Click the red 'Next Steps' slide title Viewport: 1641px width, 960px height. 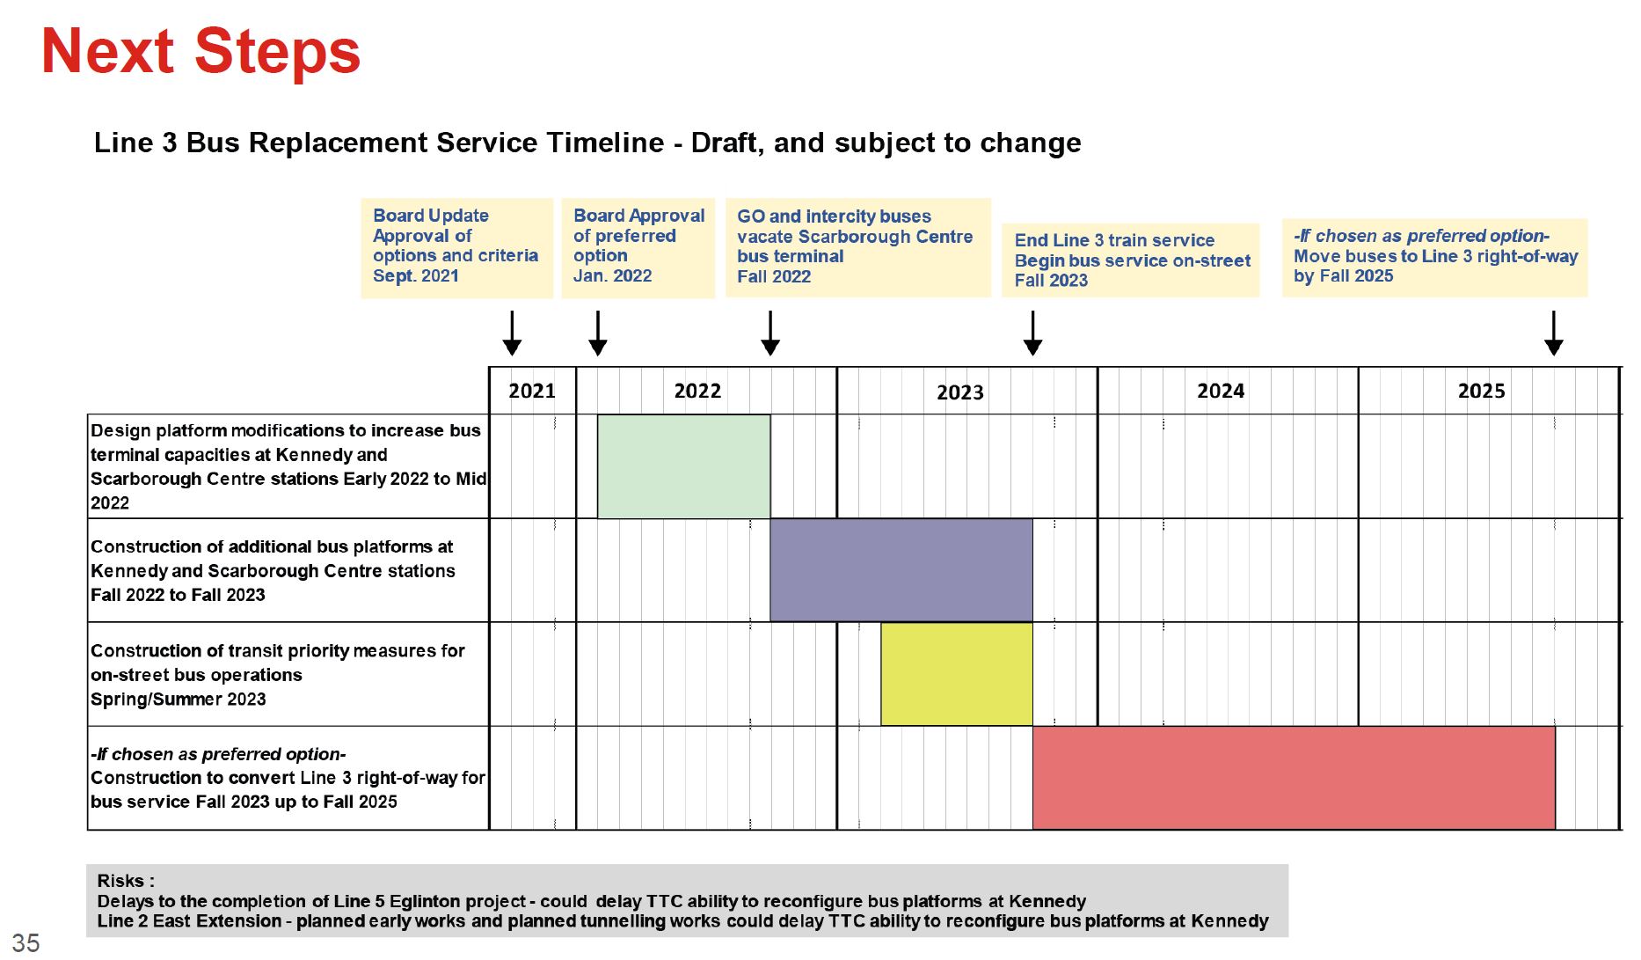(x=201, y=51)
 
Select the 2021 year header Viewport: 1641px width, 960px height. (x=532, y=391)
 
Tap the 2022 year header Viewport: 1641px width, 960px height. (x=697, y=391)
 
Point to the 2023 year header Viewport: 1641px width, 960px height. (x=959, y=392)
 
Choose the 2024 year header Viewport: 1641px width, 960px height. (x=1221, y=391)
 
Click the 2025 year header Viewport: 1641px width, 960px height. (x=1481, y=391)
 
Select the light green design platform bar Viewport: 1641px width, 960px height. (x=684, y=466)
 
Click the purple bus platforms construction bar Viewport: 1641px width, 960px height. (x=901, y=570)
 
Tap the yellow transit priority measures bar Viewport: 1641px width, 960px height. (x=957, y=674)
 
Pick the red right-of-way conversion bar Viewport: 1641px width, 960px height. (x=1294, y=778)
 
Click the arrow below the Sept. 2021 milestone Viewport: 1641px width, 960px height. (x=512, y=333)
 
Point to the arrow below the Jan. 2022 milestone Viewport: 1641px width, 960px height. (x=598, y=333)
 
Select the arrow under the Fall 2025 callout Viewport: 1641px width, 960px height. (x=1554, y=333)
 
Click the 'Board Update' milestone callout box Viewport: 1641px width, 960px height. (x=456, y=248)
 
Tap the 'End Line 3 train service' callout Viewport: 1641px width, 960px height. (x=1130, y=260)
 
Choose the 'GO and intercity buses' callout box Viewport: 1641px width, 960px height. (x=857, y=247)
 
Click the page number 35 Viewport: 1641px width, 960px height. (x=26, y=942)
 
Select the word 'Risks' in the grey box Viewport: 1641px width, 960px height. (x=120, y=881)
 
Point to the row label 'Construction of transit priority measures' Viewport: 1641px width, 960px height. (x=278, y=651)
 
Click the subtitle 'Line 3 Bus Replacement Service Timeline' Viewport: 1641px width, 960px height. (x=379, y=143)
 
